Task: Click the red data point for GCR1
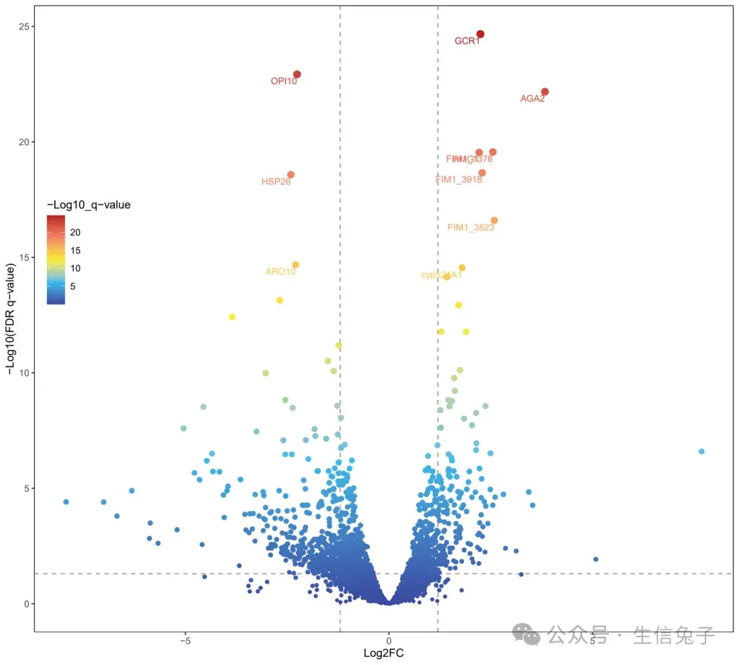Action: point(480,34)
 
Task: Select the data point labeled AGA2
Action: point(545,92)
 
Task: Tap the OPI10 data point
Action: point(297,75)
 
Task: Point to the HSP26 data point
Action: point(291,174)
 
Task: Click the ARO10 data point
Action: point(296,265)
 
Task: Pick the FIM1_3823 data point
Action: point(494,220)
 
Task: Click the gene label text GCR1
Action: point(467,42)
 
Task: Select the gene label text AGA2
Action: point(532,99)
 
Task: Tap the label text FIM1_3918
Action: point(458,180)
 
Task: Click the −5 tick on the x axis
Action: point(184,641)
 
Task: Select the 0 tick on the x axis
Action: point(389,641)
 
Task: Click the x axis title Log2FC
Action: point(383,654)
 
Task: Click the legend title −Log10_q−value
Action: point(88,205)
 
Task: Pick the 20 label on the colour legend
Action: point(75,231)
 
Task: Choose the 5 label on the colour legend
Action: point(73,286)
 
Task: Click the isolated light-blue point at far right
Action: point(701,452)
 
